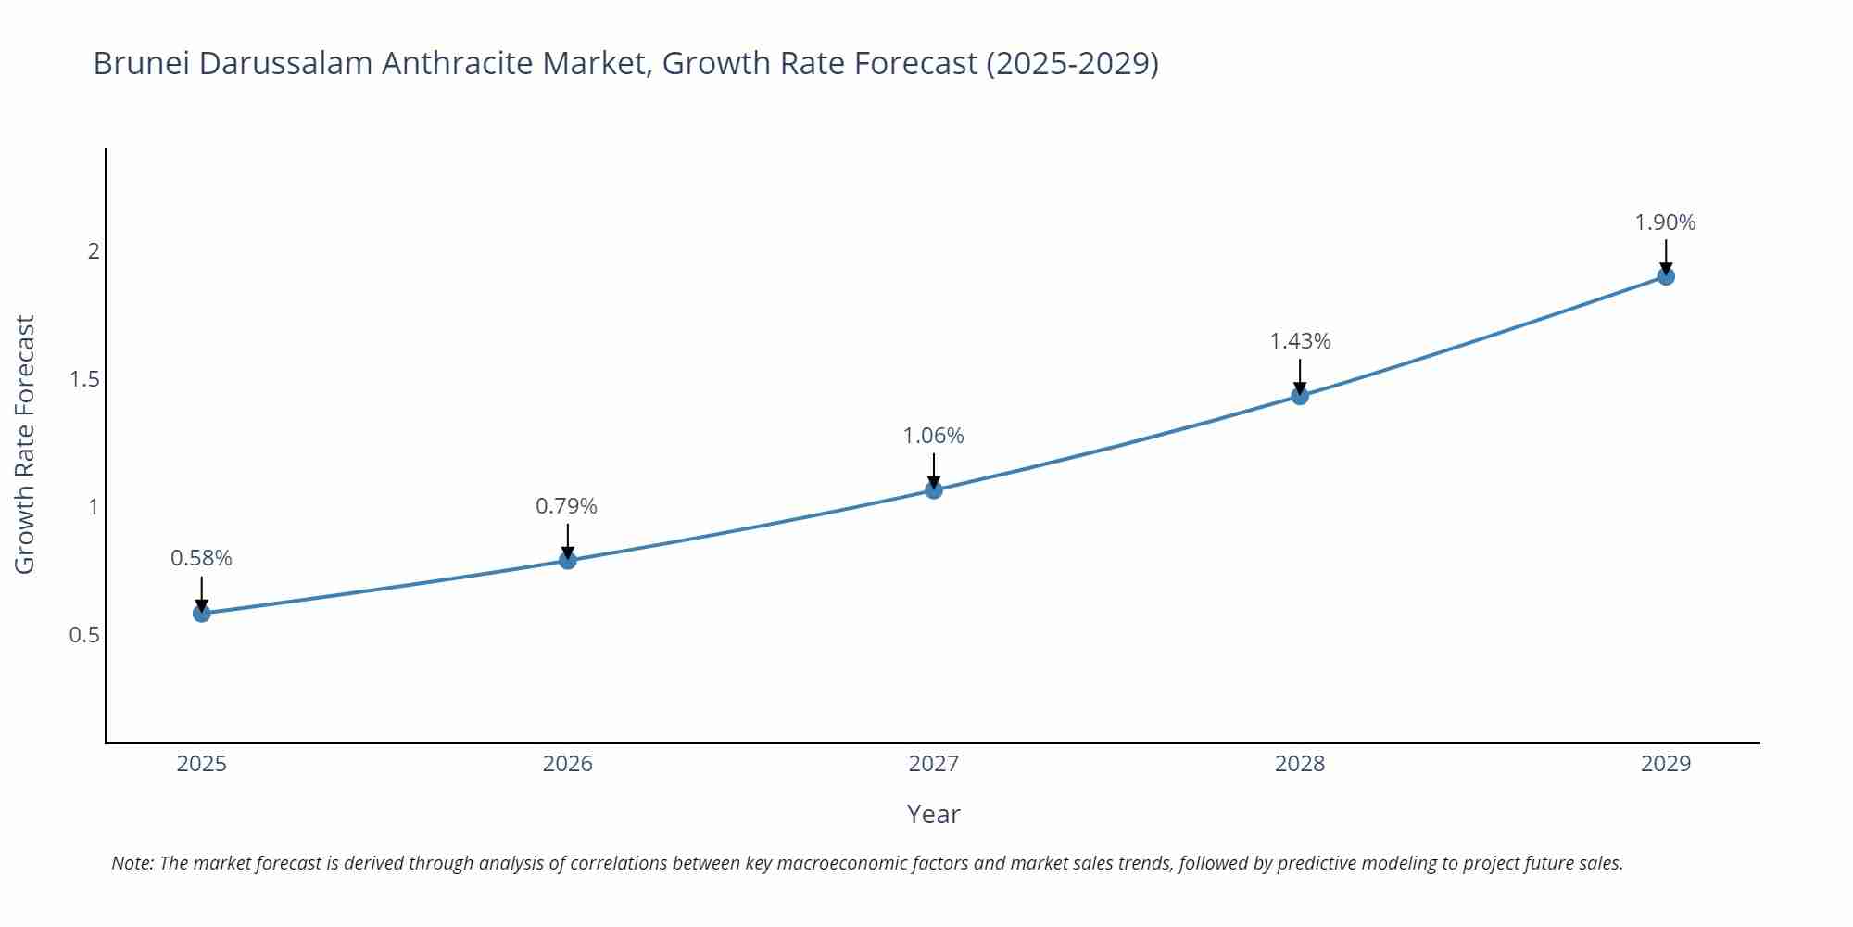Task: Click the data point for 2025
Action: (201, 613)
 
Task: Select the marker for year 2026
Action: (568, 560)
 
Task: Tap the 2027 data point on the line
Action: (934, 489)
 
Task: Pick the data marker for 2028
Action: (1300, 396)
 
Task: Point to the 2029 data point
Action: (1666, 276)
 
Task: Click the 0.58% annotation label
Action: (201, 558)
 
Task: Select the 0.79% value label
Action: (566, 506)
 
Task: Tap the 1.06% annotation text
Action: (933, 436)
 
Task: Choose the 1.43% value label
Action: (1300, 341)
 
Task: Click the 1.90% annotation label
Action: (1665, 222)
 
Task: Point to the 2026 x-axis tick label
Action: (567, 764)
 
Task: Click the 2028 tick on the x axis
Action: (1300, 764)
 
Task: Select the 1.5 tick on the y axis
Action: (84, 379)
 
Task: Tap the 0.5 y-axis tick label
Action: (84, 636)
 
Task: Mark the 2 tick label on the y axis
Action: (94, 251)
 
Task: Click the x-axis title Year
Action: (933, 814)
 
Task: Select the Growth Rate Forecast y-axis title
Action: (25, 444)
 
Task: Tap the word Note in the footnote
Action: (131, 863)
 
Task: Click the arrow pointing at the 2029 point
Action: (1666, 255)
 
